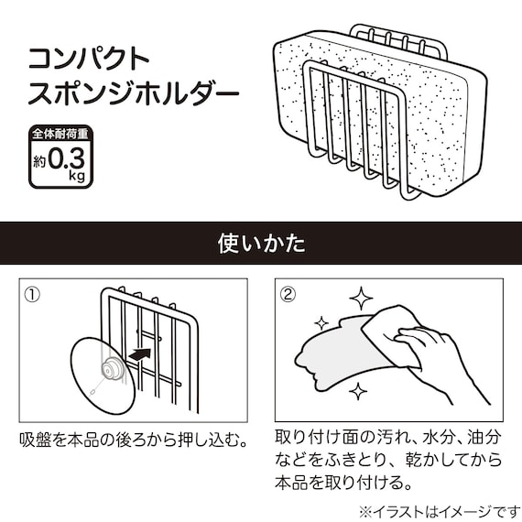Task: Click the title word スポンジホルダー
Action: click(x=134, y=94)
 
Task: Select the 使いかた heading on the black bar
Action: click(x=261, y=245)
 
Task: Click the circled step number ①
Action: click(x=32, y=295)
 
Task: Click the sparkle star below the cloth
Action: click(x=359, y=391)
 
